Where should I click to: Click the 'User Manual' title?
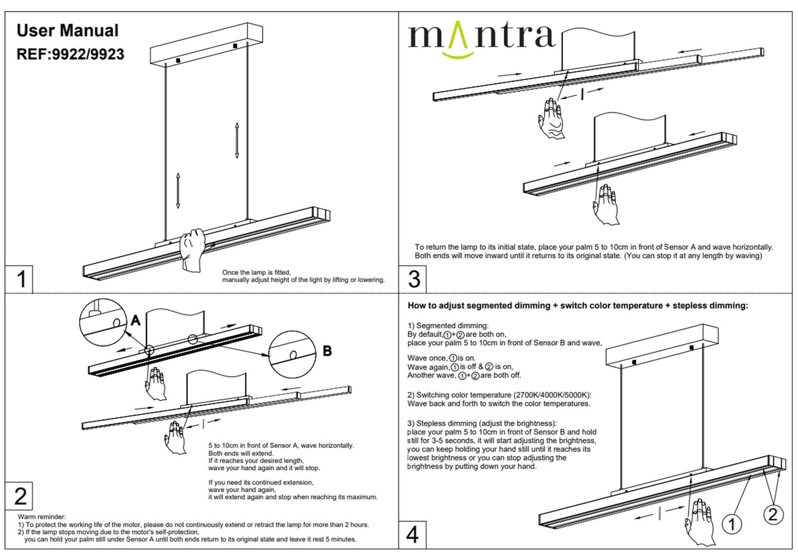[67, 30]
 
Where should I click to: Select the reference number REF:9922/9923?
[70, 54]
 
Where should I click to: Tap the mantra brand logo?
[481, 38]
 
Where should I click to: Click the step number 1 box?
[19, 279]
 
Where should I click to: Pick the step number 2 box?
[19, 496]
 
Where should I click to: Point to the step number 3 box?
[413, 279]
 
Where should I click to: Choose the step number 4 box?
[413, 535]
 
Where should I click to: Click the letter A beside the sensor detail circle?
[135, 320]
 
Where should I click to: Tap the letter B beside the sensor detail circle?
[328, 351]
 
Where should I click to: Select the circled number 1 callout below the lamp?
[732, 524]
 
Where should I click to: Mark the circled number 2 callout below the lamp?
[773, 515]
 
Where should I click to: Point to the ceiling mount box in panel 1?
[207, 45]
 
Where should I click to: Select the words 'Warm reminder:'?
[42, 517]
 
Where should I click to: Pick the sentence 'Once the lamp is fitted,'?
[256, 273]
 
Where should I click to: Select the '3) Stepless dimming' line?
[482, 423]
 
